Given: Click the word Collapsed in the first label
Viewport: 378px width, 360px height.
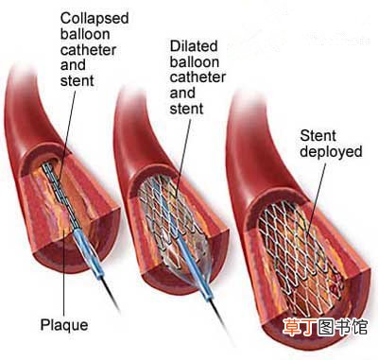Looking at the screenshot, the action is [x=94, y=19].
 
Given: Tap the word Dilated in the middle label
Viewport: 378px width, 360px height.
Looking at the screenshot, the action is [x=194, y=46].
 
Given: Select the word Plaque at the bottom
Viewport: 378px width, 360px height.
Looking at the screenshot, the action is [x=64, y=326].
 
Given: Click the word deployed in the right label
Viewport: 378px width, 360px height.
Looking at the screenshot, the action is [x=331, y=152].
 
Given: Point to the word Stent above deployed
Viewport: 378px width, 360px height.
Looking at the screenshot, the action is [x=318, y=136].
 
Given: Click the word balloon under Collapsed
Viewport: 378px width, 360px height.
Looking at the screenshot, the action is [x=85, y=34].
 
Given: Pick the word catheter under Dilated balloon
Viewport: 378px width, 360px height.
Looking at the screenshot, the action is [x=198, y=77].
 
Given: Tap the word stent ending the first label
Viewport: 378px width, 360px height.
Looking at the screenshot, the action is [x=77, y=80].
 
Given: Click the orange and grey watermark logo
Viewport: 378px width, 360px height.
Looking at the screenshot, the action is [x=325, y=327].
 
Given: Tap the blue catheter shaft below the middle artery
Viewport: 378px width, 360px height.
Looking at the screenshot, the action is [x=198, y=271].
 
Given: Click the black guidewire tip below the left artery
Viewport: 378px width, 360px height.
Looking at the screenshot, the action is [x=111, y=295].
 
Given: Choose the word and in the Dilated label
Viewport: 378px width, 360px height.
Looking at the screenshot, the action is [x=182, y=93].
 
